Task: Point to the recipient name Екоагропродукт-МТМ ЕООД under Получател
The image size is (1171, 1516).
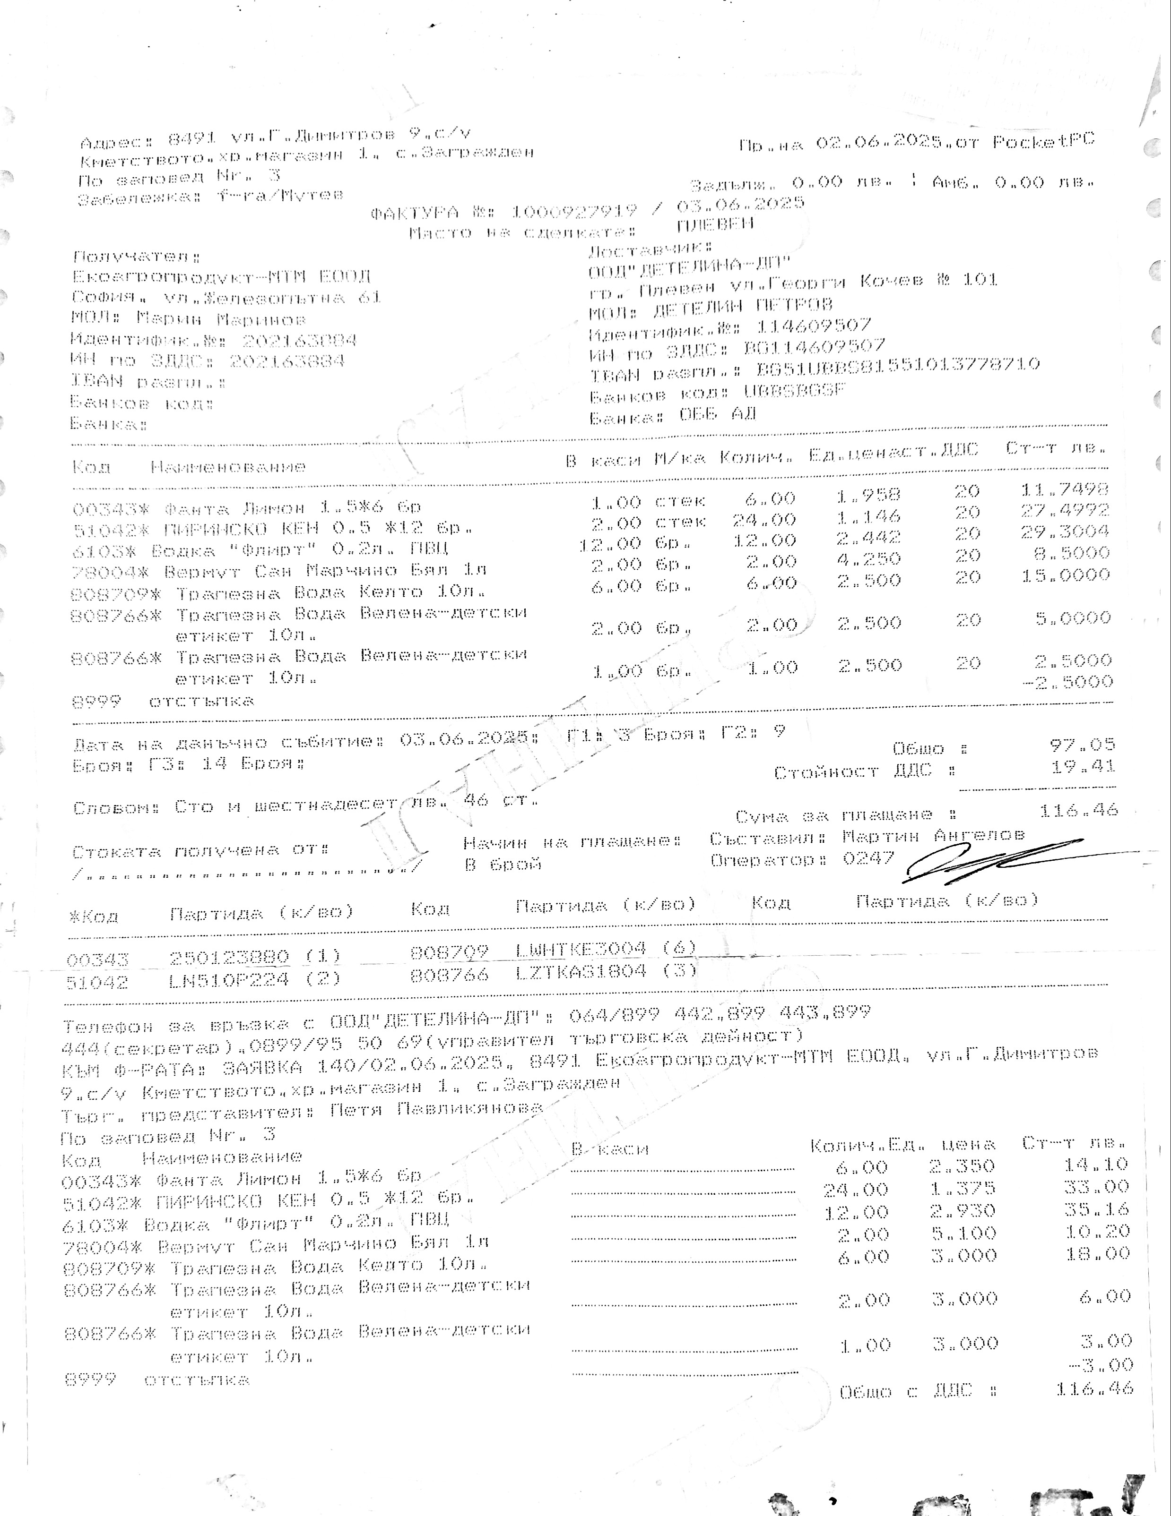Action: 222,276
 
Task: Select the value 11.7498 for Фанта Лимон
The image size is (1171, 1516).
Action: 1065,489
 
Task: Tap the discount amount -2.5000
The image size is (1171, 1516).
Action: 1068,682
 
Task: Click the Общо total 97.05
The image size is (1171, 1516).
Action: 1083,745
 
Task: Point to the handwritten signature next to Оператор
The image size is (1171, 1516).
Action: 986,861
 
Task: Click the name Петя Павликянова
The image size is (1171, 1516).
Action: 436,1109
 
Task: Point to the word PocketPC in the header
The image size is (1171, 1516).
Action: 1043,141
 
